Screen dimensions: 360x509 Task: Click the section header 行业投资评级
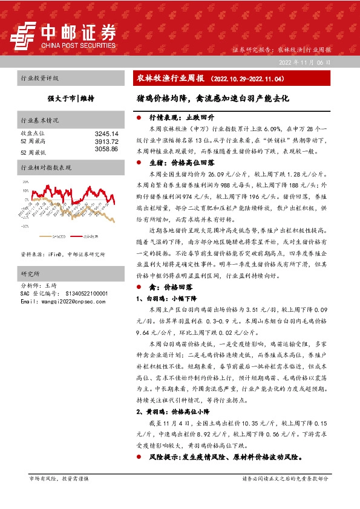pos(40,79)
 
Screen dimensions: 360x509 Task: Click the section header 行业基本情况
pos(40,120)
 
